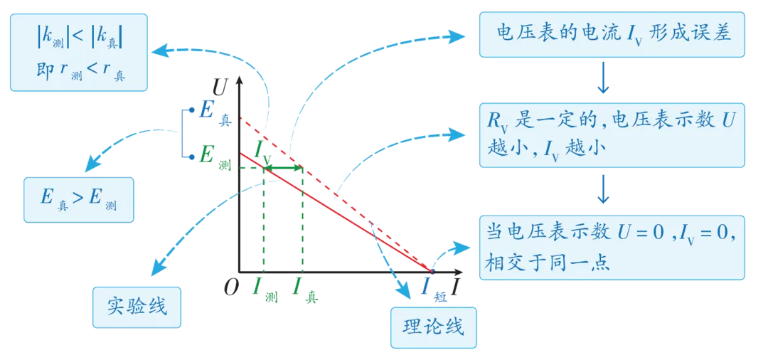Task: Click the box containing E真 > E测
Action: pyautogui.click(x=78, y=200)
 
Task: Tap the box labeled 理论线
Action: pyautogui.click(x=433, y=327)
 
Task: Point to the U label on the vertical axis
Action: pyautogui.click(x=220, y=88)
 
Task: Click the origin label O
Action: pyautogui.click(x=230, y=287)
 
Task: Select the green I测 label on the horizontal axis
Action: pyautogui.click(x=265, y=288)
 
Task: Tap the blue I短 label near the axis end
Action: pyautogui.click(x=427, y=286)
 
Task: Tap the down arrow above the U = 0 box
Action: pyautogui.click(x=604, y=188)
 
